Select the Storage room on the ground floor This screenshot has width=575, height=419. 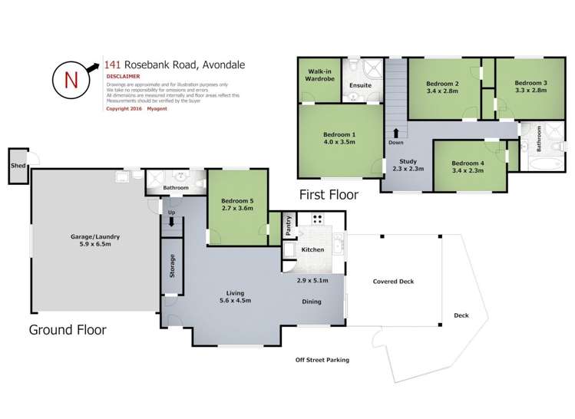point(172,266)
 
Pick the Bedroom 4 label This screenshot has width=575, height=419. point(467,163)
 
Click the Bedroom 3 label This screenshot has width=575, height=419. point(530,83)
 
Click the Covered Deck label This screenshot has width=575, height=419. point(393,282)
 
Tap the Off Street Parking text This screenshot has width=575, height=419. point(322,360)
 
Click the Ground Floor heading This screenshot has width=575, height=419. point(68,331)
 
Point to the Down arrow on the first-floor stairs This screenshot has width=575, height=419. point(396,133)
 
